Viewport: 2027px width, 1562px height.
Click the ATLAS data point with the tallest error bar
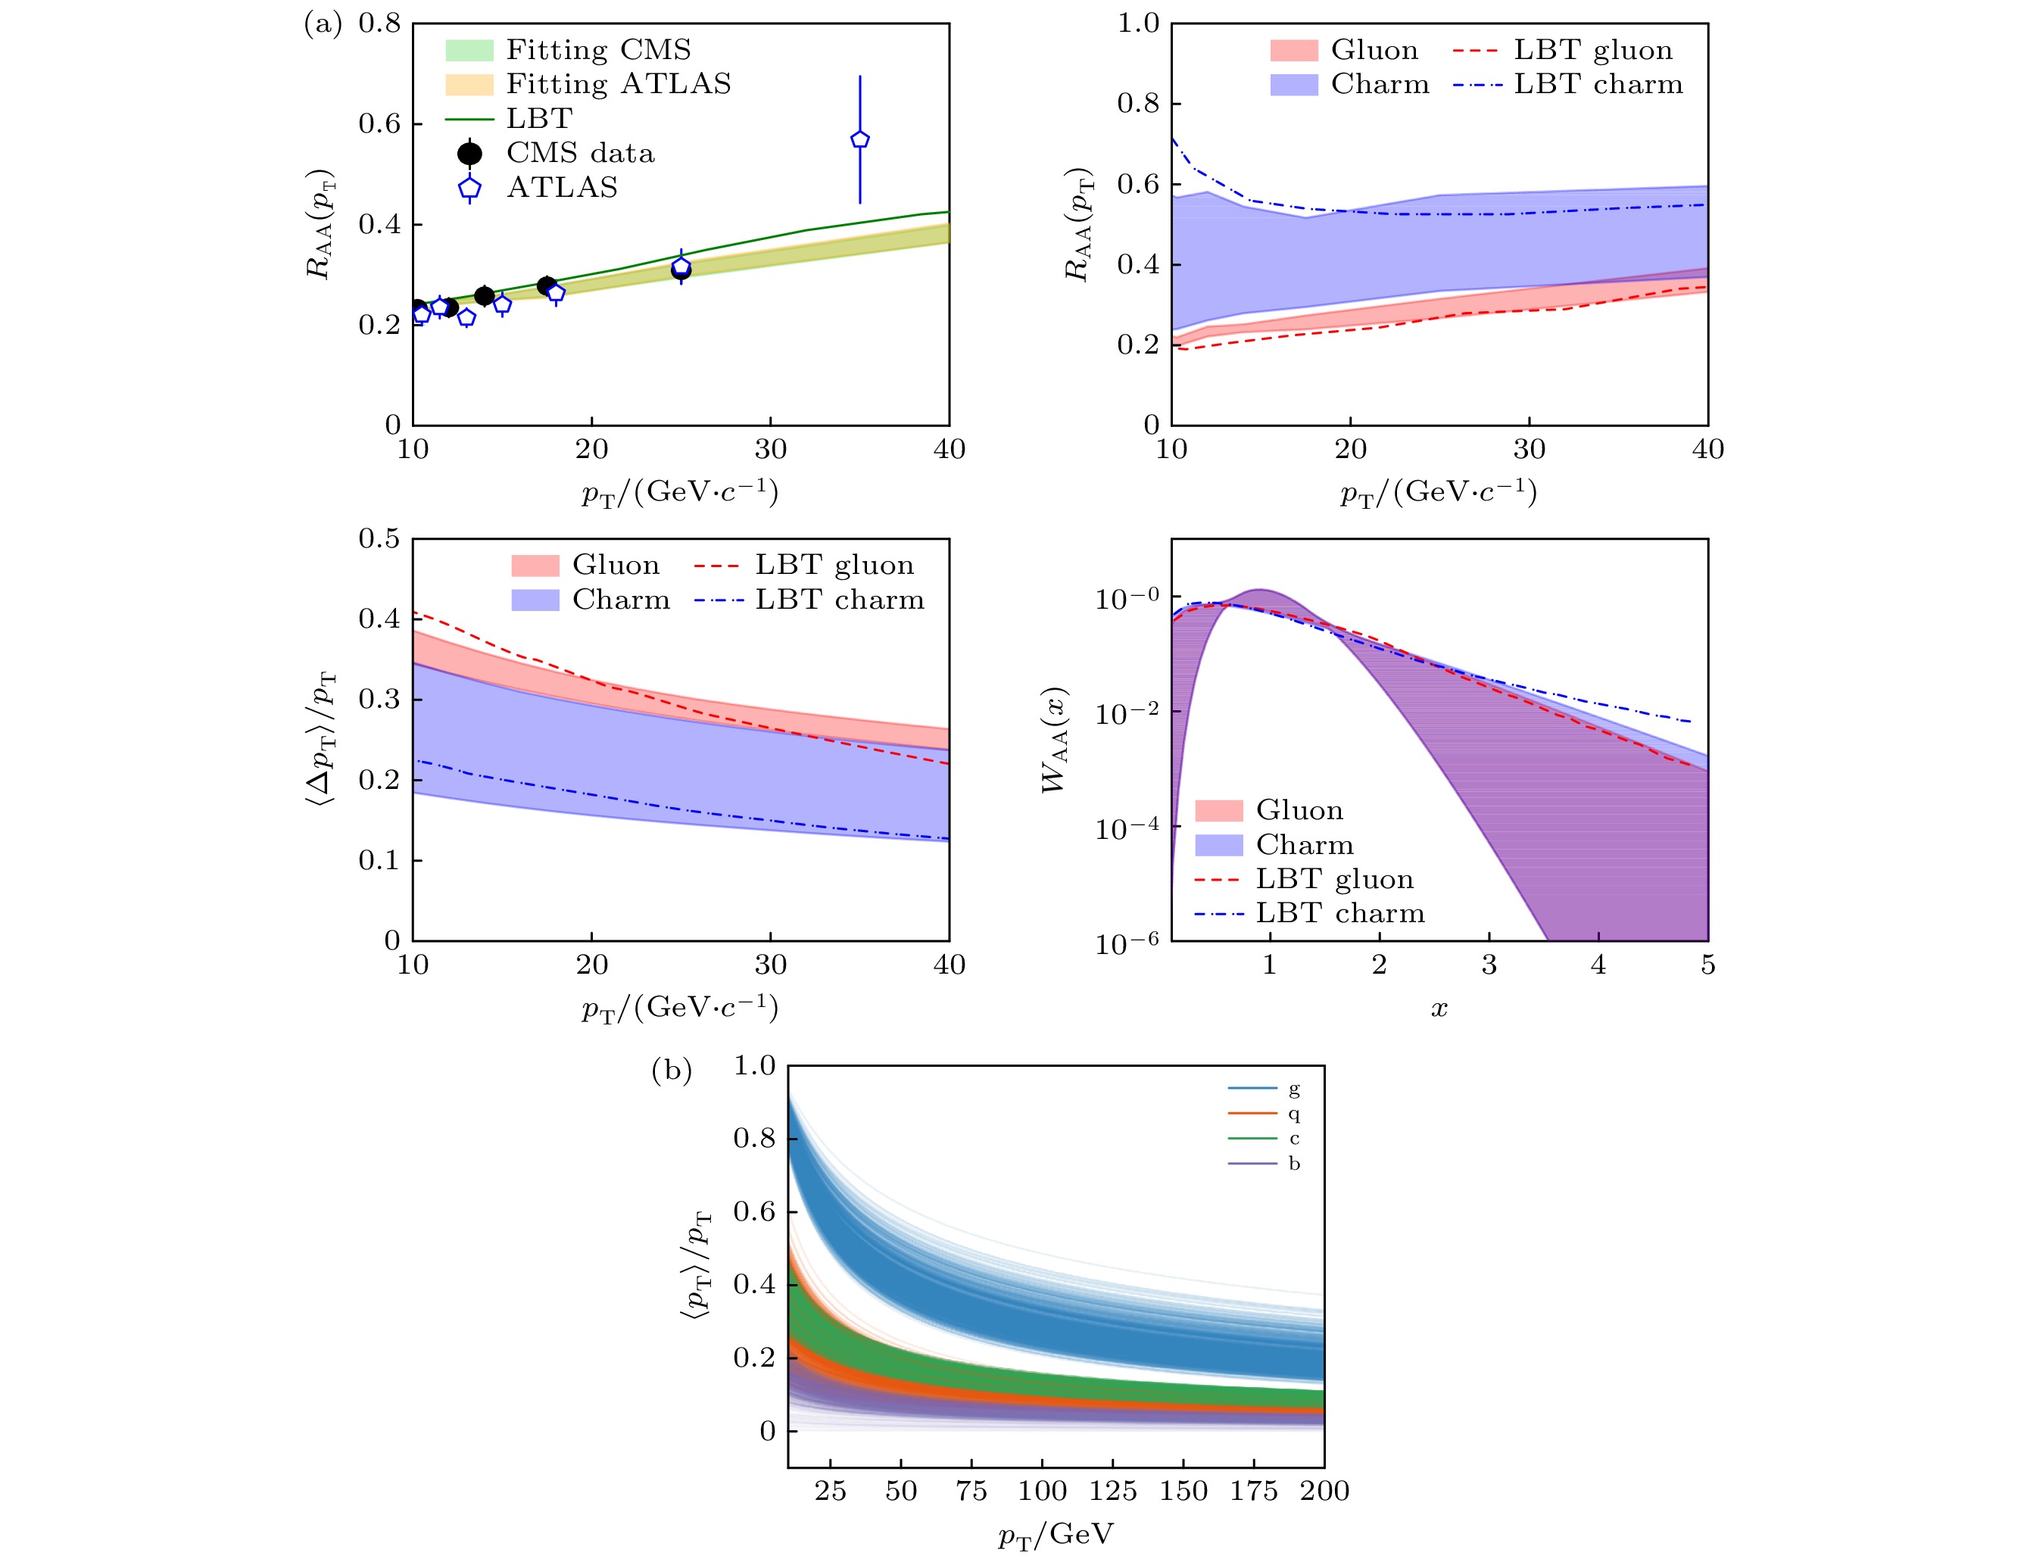tap(859, 139)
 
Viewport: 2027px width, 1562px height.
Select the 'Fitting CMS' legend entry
tap(597, 49)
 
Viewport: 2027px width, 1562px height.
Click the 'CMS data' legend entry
tap(580, 153)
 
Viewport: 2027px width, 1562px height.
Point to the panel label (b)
tap(671, 1071)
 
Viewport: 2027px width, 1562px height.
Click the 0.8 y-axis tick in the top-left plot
tap(379, 23)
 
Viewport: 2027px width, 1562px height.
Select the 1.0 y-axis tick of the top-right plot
tap(1139, 23)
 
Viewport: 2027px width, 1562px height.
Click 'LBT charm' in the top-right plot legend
tap(1597, 85)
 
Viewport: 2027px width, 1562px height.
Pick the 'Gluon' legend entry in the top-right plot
tap(1374, 49)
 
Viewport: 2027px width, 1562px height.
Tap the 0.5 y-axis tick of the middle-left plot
tap(379, 538)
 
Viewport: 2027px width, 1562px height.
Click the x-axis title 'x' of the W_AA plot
tap(1439, 1009)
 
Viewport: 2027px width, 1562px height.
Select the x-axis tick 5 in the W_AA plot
tap(1707, 965)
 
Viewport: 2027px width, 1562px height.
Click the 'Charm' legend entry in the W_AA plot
tap(1304, 844)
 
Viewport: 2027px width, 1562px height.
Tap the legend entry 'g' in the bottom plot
tap(1294, 1089)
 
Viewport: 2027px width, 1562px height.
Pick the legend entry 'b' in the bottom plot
tap(1294, 1163)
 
